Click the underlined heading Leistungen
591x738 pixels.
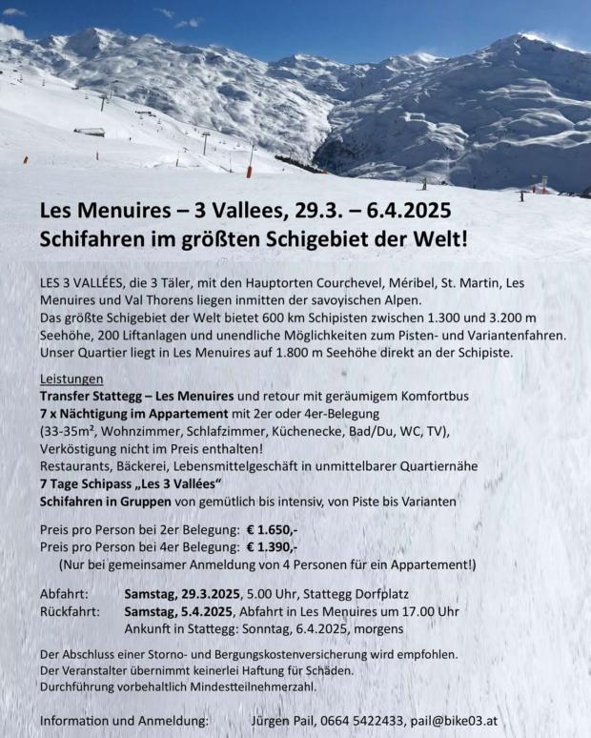pos(71,379)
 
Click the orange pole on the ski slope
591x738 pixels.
pos(250,172)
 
